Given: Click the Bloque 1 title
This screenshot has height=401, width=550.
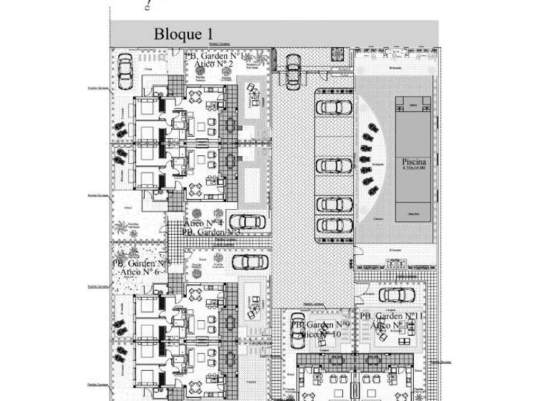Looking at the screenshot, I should click(x=184, y=34).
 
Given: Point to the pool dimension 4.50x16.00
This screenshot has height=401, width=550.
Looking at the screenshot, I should click(x=414, y=168).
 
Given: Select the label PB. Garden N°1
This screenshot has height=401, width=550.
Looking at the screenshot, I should click(x=216, y=56).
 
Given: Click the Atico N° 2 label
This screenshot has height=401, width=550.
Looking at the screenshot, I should click(x=215, y=64).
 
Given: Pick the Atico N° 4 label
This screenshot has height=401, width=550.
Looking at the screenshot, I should click(x=204, y=224).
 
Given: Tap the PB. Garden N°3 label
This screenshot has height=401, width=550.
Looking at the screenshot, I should click(x=202, y=232).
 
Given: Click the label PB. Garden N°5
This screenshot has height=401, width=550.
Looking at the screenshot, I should click(x=141, y=264).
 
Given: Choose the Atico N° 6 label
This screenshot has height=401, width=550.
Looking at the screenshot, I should click(x=141, y=272).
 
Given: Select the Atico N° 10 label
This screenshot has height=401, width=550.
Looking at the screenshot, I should click(x=319, y=334).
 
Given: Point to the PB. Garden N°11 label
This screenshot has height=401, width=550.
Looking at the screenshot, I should click(x=389, y=316).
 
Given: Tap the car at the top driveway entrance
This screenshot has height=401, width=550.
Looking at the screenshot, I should click(x=292, y=70).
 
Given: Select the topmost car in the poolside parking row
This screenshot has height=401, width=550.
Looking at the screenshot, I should click(x=334, y=107).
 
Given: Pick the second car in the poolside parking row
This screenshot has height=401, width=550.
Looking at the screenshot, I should click(x=334, y=165).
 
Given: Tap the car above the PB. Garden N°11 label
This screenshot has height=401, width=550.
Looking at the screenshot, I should click(x=392, y=294).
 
